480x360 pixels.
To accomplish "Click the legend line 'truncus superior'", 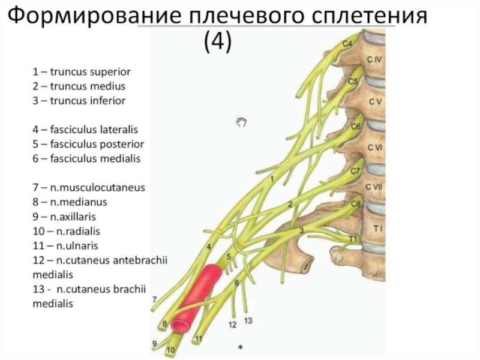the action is click(82, 72).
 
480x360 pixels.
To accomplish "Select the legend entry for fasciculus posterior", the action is click(88, 144).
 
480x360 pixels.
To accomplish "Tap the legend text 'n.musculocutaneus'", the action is click(89, 187).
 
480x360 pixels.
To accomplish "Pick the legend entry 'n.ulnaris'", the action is click(65, 245).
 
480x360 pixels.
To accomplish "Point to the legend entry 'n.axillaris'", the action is click(64, 217).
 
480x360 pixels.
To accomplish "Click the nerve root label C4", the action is click(347, 44).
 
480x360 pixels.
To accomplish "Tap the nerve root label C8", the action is click(356, 203).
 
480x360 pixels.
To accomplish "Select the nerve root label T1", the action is click(353, 239).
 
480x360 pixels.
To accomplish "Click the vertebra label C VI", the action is click(375, 148).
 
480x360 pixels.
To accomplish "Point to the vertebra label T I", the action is click(378, 229).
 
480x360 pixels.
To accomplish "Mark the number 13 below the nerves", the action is click(248, 320).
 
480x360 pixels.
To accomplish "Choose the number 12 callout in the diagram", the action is click(233, 325).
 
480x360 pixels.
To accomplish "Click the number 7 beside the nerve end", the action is click(155, 299).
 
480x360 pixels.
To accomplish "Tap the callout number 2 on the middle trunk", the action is click(290, 205).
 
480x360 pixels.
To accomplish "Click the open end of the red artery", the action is click(181, 326).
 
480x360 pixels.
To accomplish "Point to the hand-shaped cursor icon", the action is click(241, 122).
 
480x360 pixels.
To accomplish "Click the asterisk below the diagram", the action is click(241, 347).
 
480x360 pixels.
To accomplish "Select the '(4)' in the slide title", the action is click(218, 42).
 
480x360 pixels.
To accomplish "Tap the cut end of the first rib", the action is click(307, 265).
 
